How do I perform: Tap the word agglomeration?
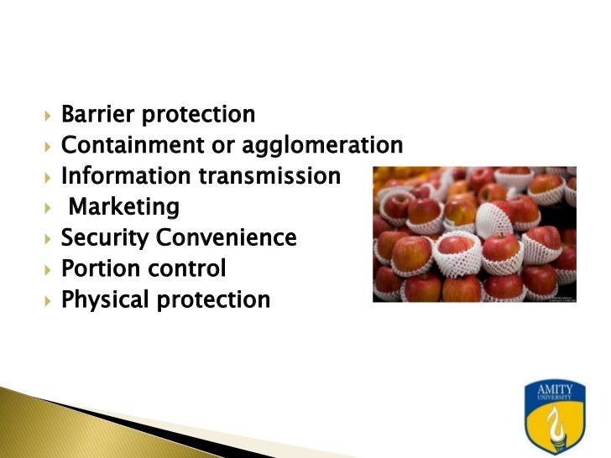coord(322,146)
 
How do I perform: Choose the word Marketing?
coord(123,207)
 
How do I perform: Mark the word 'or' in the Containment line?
coord(222,146)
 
